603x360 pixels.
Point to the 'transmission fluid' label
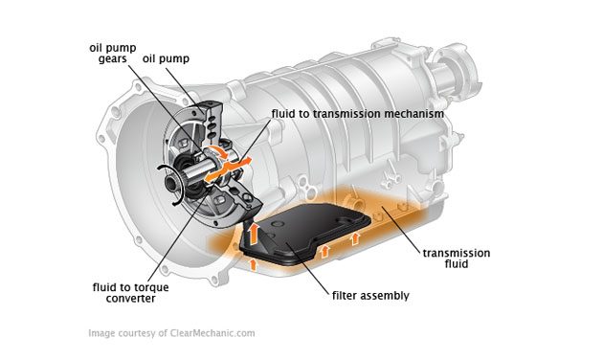457,259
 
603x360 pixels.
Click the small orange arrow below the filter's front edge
253,263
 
